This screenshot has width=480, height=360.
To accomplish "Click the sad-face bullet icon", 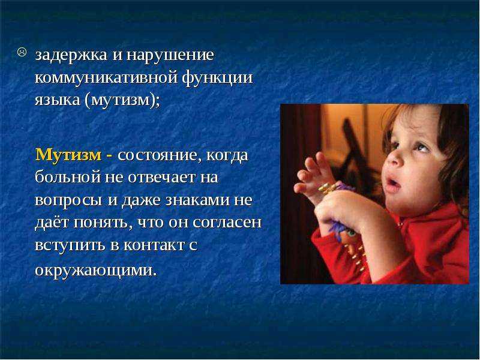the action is point(22,52).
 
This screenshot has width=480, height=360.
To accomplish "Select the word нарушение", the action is point(170,56).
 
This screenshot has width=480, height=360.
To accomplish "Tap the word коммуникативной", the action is point(106,78).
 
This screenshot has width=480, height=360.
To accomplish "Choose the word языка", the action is point(57,100).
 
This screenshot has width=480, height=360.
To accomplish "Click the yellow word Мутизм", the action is point(68,155).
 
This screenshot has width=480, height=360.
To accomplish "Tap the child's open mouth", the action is point(392,184).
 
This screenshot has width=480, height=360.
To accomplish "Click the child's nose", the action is point(395,158).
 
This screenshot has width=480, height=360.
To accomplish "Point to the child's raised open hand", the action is point(314,175).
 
